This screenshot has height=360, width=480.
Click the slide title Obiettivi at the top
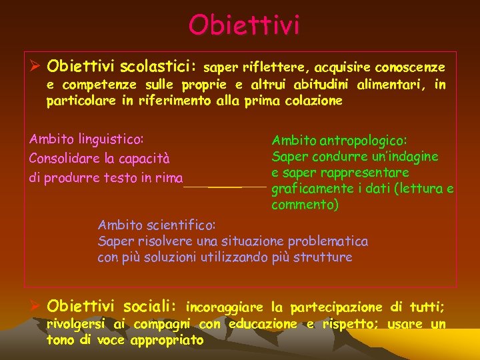point(244,25)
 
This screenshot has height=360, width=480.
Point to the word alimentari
point(391,85)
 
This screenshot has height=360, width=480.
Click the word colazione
point(313,101)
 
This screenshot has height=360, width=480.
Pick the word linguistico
point(112,139)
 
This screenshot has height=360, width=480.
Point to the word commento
point(305,205)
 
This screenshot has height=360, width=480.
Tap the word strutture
point(322,257)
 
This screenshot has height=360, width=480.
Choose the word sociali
point(151,307)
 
